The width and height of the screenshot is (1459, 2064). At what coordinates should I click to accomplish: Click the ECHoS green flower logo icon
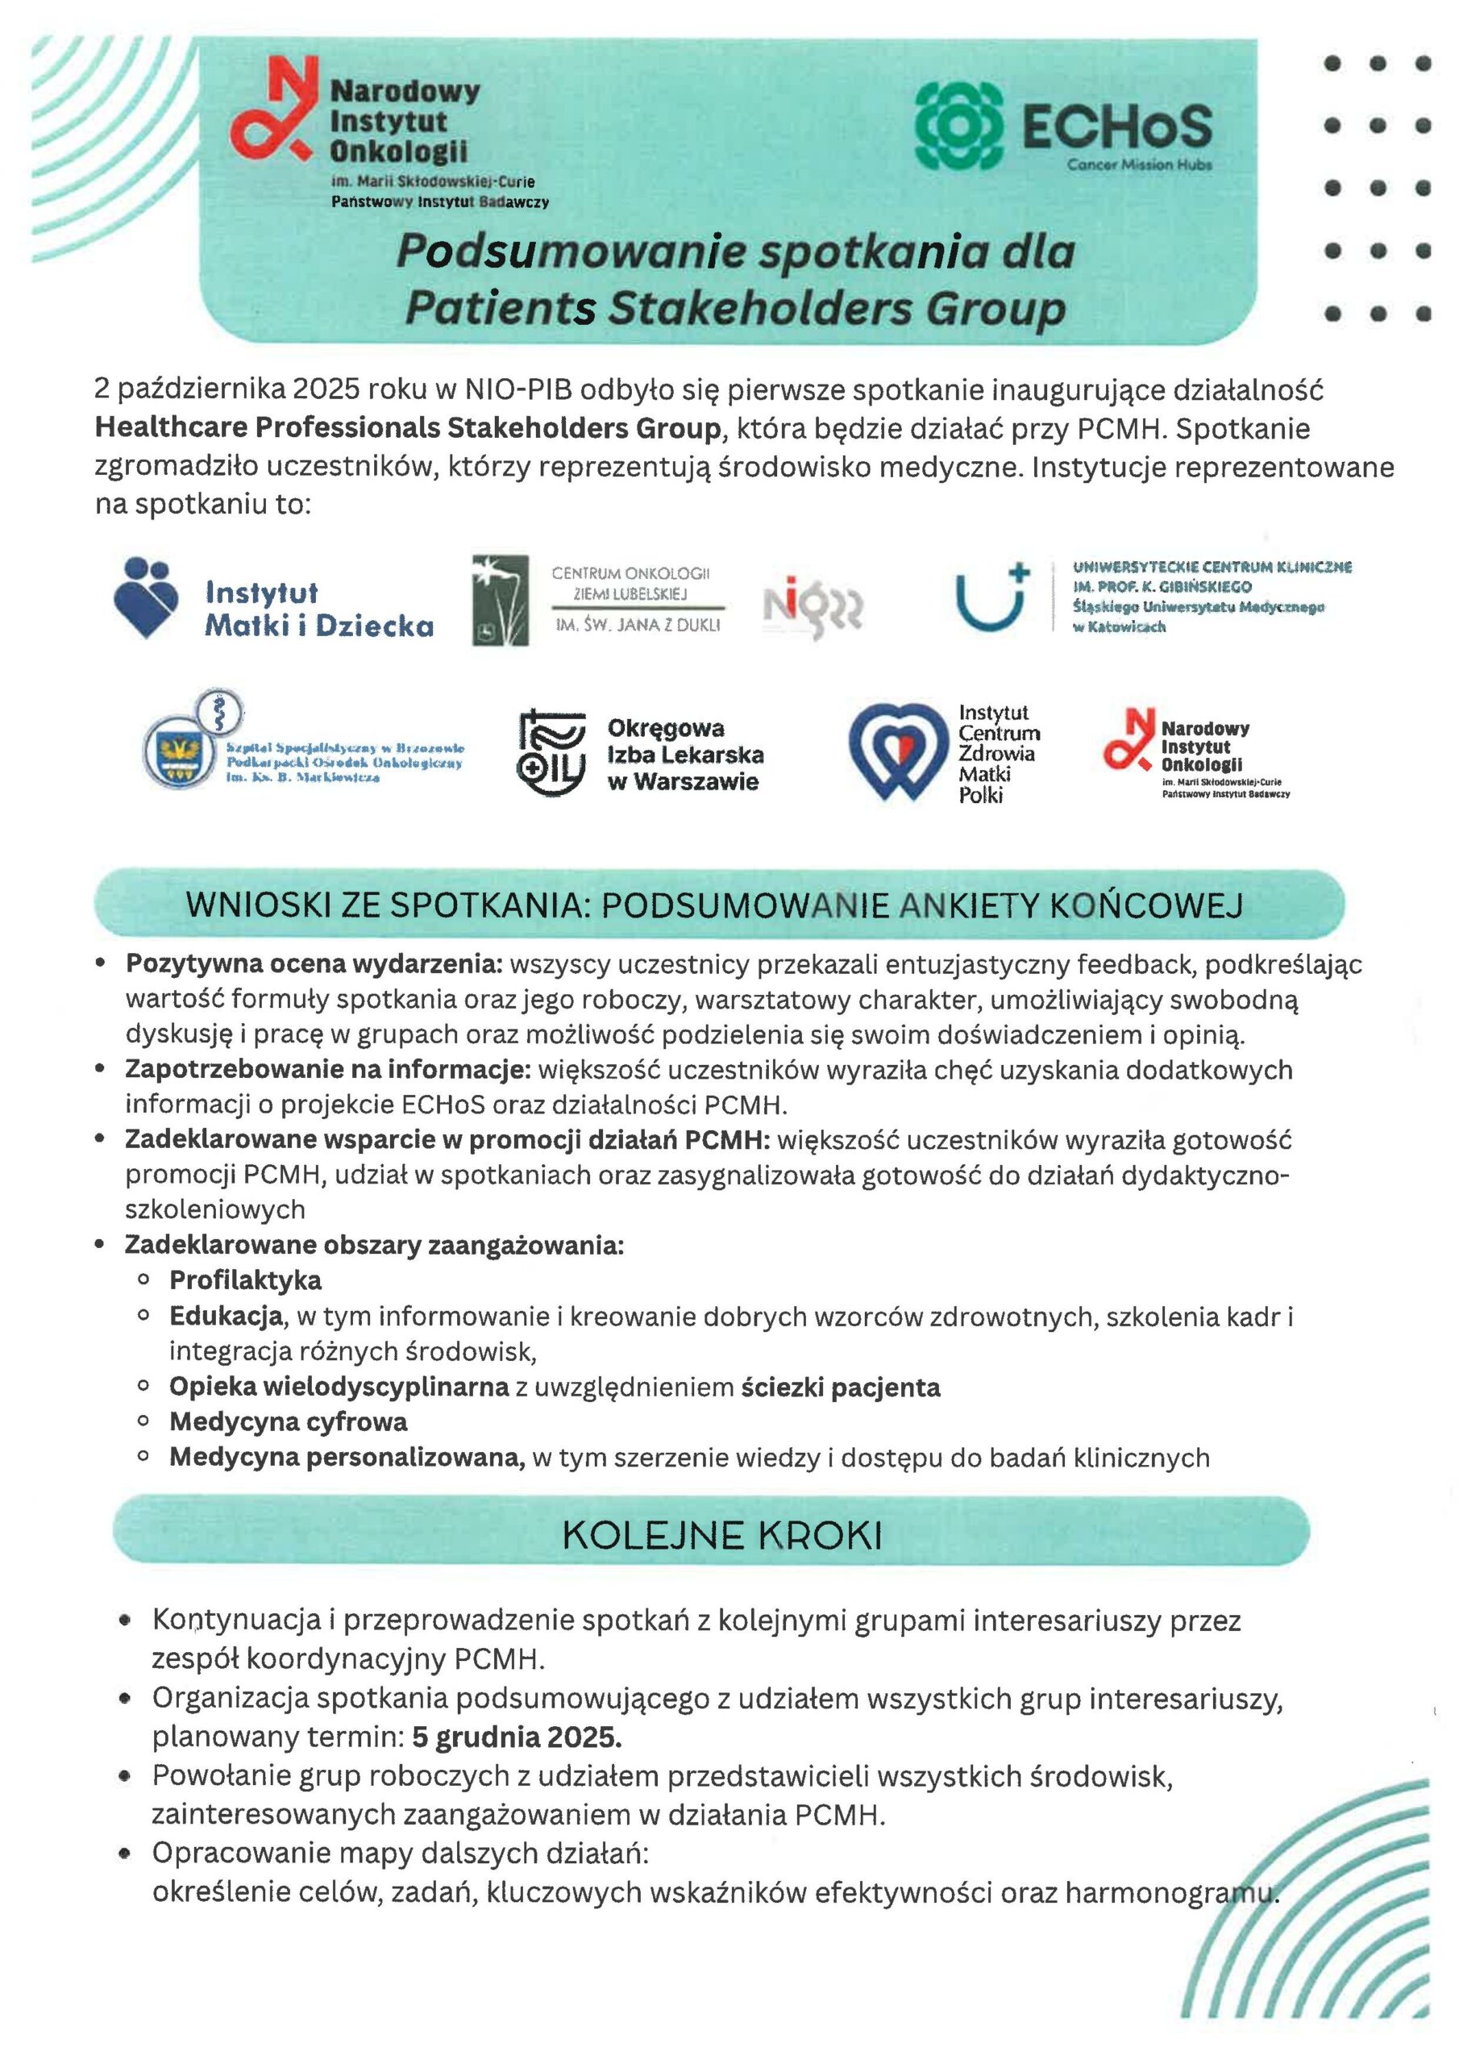958,126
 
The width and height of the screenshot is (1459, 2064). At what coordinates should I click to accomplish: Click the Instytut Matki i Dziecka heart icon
147,597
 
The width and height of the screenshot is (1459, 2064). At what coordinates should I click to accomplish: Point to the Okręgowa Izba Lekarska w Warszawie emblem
551,753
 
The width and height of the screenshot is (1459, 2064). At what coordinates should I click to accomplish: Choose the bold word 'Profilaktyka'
245,1280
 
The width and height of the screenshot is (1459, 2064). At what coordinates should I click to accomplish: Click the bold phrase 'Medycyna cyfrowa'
288,1421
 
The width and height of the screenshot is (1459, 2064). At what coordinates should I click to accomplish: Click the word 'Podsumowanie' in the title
570,251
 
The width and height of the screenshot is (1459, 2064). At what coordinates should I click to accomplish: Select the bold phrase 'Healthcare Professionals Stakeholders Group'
407,428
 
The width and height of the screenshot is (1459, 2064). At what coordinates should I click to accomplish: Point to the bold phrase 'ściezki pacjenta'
841,1387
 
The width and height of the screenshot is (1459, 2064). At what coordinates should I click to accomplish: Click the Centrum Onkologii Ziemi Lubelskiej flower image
500,600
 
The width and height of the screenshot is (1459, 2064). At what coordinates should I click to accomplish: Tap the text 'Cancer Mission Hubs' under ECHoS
1139,164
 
